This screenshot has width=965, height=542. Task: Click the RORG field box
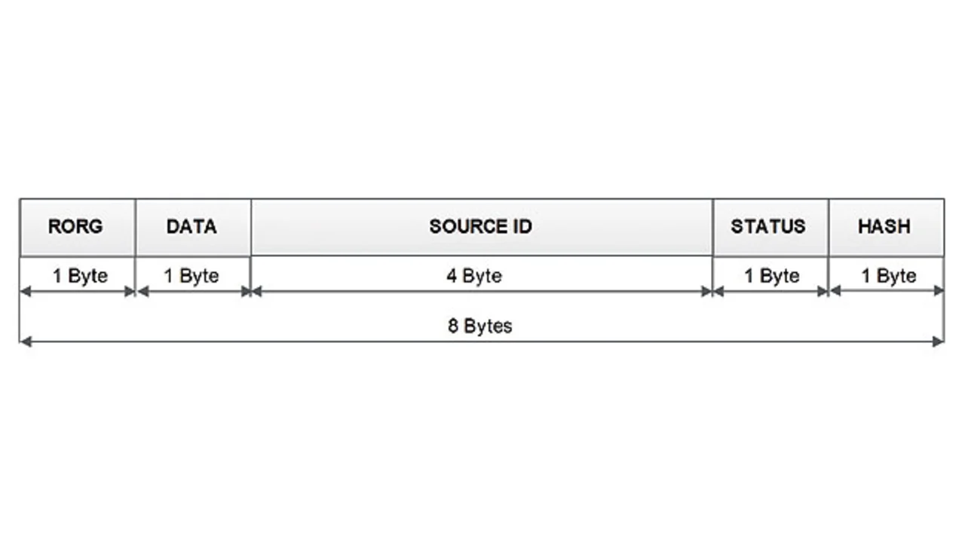[x=77, y=227]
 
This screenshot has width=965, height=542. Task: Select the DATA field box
[x=192, y=227]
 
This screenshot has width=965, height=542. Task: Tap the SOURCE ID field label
[x=480, y=226]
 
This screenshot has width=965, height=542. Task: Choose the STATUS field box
[x=769, y=226]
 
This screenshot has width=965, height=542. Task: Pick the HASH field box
[x=885, y=226]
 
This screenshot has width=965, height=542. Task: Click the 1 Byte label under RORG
[x=80, y=276]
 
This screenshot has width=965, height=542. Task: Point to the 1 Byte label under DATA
[x=191, y=276]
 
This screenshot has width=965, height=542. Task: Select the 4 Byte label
[x=473, y=276]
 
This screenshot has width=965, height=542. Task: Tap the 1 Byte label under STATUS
[x=771, y=276]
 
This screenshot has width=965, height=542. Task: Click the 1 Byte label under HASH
[x=889, y=276]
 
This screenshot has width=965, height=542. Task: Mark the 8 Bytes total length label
[x=479, y=326]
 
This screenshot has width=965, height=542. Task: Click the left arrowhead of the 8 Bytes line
[x=25, y=341]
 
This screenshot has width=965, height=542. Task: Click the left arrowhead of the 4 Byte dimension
[x=256, y=292]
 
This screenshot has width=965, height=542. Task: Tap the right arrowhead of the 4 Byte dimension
[x=706, y=292]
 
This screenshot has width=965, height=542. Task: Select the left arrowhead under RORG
[x=25, y=292]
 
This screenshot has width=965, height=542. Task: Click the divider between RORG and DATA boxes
[x=135, y=227]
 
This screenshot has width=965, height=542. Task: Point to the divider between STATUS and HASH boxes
[x=828, y=227]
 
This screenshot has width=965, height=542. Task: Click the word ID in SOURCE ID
[x=521, y=226]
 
